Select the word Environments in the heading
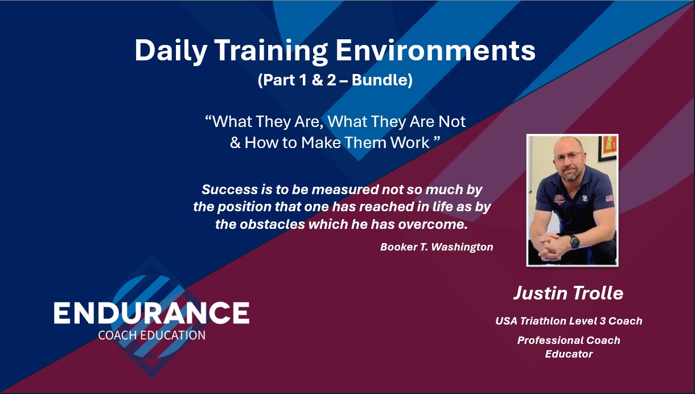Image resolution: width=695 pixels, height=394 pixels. (x=435, y=51)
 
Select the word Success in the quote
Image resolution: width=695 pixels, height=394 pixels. (x=226, y=189)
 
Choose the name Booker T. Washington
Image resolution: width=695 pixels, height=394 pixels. (x=437, y=247)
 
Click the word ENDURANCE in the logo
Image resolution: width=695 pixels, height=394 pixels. (x=151, y=314)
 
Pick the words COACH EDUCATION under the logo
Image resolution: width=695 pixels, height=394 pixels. (x=151, y=335)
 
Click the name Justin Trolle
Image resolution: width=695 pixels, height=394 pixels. (x=568, y=293)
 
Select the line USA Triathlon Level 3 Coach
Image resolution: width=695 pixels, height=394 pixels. (x=568, y=321)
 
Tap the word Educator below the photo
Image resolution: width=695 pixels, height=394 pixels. (x=568, y=354)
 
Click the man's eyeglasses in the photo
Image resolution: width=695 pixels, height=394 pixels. (x=567, y=157)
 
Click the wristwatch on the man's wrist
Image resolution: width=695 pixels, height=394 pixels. (x=574, y=241)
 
